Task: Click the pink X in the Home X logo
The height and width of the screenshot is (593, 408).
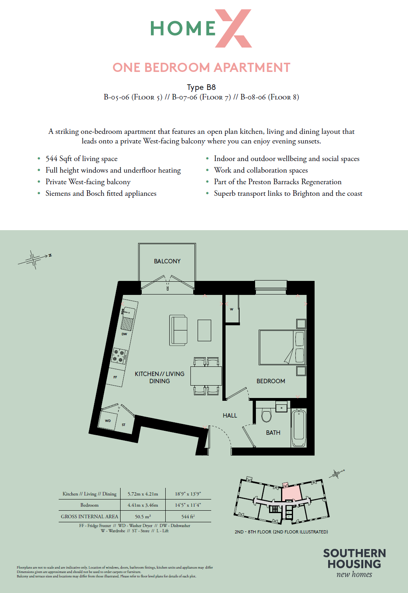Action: [x=233, y=28]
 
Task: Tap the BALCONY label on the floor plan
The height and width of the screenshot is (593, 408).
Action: [x=167, y=261]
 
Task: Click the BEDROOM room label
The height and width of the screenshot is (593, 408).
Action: [x=271, y=381]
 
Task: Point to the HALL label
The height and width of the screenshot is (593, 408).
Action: [x=230, y=416]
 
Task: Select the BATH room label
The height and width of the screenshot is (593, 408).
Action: [x=273, y=433]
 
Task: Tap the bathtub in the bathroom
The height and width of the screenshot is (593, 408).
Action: [x=299, y=428]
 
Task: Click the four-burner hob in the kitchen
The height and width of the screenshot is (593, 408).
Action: [x=119, y=356]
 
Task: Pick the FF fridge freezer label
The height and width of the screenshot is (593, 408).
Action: [x=115, y=377]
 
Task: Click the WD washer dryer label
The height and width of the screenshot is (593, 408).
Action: [x=108, y=421]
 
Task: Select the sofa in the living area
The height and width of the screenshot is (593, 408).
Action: [x=178, y=330]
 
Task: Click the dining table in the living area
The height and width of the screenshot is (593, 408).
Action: [x=206, y=376]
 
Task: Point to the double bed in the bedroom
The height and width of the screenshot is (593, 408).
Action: [x=282, y=347]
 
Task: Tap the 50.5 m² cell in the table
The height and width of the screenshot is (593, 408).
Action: [x=143, y=517]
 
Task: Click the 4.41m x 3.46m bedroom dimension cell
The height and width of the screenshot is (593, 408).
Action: [x=143, y=505]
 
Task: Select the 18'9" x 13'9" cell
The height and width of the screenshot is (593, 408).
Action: [x=188, y=494]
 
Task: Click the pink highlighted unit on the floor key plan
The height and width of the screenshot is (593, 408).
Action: [x=291, y=492]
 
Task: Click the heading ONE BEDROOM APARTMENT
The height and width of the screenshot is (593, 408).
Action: [x=202, y=68]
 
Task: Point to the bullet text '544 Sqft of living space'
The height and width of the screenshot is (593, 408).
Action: [x=81, y=159]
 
